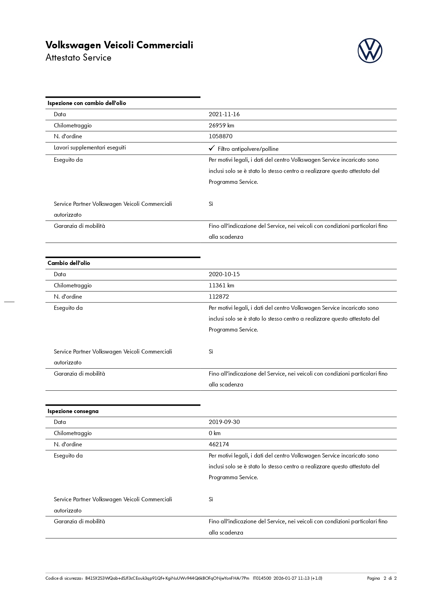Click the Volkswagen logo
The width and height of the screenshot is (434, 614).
click(x=370, y=51)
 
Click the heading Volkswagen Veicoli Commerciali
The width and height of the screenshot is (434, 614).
click(x=119, y=45)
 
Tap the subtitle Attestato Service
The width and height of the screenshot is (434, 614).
click(x=78, y=57)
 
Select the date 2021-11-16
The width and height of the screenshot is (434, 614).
click(x=224, y=114)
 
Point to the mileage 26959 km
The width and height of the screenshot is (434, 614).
click(x=221, y=125)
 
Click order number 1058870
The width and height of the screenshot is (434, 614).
click(x=220, y=137)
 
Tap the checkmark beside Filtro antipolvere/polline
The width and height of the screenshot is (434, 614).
click(x=212, y=148)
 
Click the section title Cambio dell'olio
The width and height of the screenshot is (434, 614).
click(x=69, y=263)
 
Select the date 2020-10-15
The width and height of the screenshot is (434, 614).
click(x=224, y=274)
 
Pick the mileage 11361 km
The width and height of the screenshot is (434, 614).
click(x=221, y=286)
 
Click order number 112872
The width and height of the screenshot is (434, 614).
click(x=219, y=297)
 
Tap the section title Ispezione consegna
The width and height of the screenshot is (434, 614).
click(x=73, y=411)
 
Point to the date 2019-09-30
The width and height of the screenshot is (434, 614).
click(x=224, y=422)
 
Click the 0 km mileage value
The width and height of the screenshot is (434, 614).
click(x=214, y=433)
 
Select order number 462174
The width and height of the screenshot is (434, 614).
click(x=219, y=445)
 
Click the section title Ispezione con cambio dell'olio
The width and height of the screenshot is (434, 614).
click(x=87, y=103)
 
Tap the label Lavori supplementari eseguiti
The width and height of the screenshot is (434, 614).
click(x=90, y=148)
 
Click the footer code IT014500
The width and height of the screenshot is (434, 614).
click(x=262, y=578)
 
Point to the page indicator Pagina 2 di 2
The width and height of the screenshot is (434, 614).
click(x=382, y=578)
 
